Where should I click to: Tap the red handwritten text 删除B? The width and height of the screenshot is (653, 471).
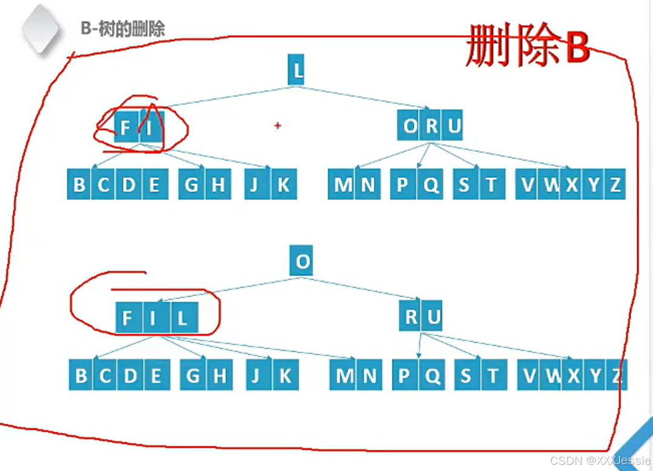click(527, 45)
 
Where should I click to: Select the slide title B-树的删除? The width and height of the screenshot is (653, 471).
click(122, 28)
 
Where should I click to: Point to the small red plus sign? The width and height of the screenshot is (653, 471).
click(278, 125)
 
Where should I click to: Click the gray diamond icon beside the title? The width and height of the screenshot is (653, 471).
click(41, 28)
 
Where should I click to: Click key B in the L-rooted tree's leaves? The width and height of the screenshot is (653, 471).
click(79, 185)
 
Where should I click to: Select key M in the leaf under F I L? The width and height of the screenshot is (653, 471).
click(343, 376)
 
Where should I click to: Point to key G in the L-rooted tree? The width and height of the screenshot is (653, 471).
click(191, 185)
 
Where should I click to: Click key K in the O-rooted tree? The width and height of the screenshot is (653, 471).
click(285, 376)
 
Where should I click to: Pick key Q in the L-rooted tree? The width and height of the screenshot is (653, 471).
click(431, 185)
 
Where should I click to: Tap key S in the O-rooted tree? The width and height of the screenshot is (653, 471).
click(465, 376)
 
